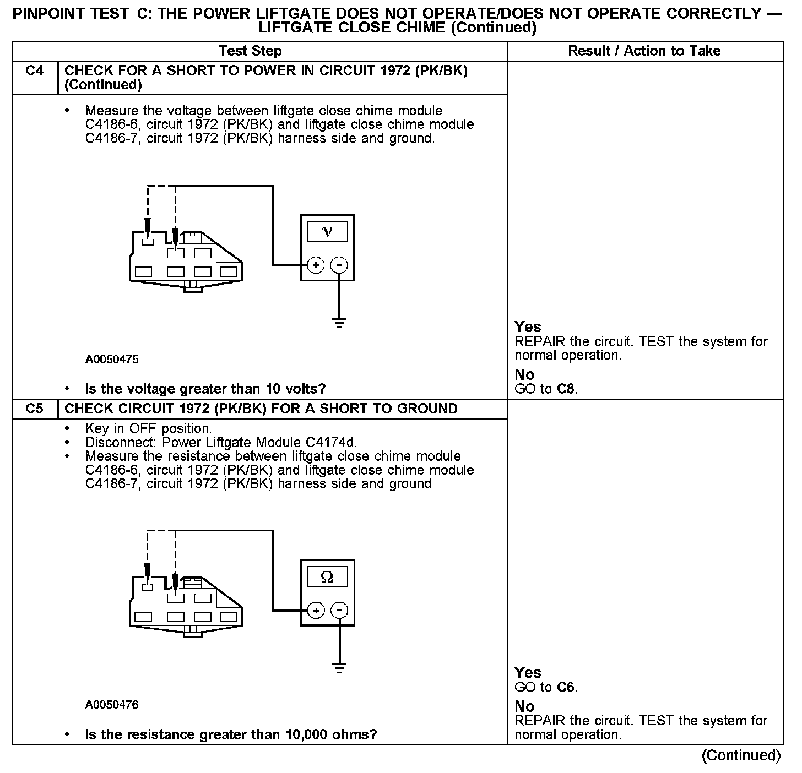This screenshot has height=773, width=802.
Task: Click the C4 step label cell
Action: [35, 71]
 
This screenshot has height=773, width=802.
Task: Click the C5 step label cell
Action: [35, 409]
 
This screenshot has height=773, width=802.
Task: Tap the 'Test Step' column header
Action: [250, 51]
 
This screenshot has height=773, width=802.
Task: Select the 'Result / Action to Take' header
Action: [644, 51]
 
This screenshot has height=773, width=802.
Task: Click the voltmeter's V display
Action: [327, 232]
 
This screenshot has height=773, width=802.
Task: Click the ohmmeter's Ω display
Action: [327, 577]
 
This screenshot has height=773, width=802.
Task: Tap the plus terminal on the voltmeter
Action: [316, 265]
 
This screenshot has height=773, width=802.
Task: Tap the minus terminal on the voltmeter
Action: [339, 265]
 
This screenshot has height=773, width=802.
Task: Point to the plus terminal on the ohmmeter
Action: [316, 610]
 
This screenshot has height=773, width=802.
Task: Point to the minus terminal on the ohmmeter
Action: [340, 610]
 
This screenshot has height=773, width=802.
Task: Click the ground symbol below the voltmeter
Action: [340, 323]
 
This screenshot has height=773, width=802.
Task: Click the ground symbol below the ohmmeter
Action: [340, 668]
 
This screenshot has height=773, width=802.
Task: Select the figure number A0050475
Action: [112, 360]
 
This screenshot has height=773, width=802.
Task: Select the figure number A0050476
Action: [112, 705]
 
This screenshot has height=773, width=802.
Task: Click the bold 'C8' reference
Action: [566, 389]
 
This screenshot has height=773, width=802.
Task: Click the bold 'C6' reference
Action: [566, 687]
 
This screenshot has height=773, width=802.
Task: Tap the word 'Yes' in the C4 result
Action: [528, 327]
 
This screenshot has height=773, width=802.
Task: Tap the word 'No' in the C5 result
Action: [524, 706]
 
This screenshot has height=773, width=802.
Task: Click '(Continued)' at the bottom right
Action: [741, 756]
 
